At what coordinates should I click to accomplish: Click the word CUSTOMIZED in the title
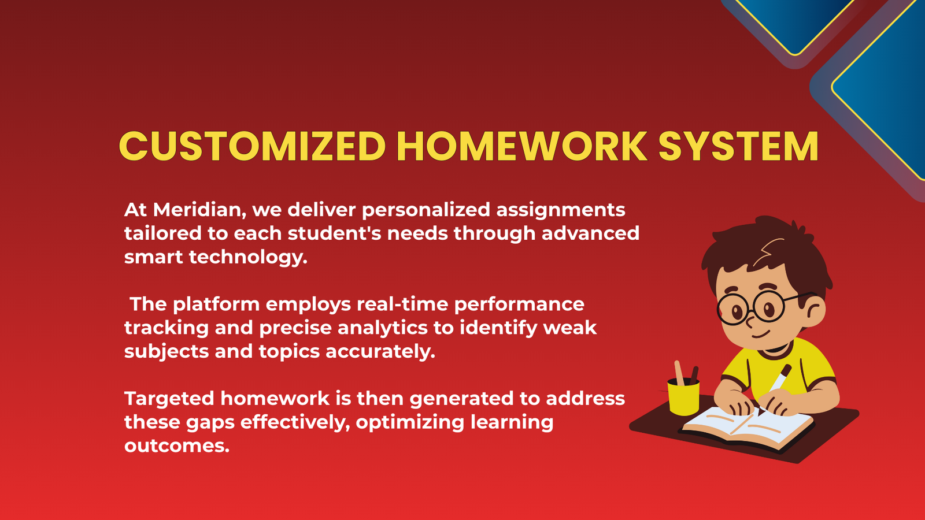[x=252, y=146]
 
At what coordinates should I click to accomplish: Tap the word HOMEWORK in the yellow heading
[x=522, y=146]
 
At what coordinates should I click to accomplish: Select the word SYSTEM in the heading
[x=738, y=146]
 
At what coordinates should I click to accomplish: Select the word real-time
[x=402, y=304]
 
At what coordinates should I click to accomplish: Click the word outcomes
[x=177, y=446]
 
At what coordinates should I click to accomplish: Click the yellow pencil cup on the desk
[x=683, y=397]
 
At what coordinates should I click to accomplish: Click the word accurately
[x=380, y=352]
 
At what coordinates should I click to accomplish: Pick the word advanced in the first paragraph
[x=590, y=233]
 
